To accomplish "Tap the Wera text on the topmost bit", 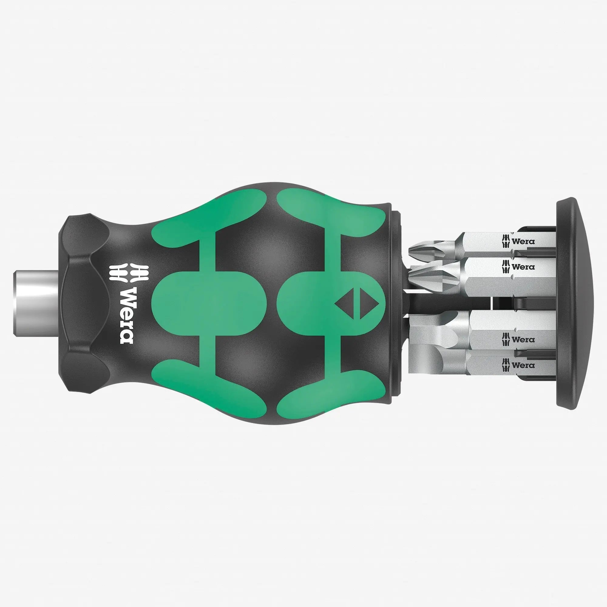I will (523, 242).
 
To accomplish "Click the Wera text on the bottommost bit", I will (523, 365).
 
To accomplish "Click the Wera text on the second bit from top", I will (523, 267).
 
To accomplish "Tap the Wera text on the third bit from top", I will (523, 340).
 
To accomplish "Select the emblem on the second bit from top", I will (507, 267).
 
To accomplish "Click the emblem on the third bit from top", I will (507, 340).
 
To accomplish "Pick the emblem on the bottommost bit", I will (507, 365).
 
